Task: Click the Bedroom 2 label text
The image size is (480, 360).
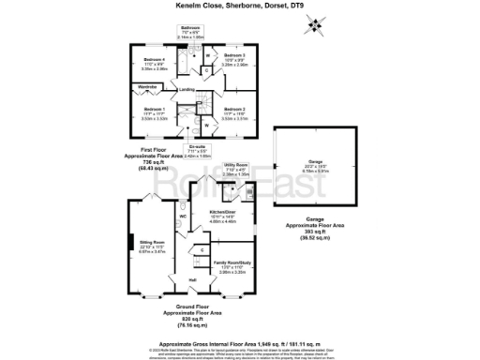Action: coord(234,110)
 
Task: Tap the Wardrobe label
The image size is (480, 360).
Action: coord(122,87)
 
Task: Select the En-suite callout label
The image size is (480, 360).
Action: coord(197,144)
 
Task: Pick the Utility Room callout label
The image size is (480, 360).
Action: coord(234,163)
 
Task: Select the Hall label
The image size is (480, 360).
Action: coord(192,279)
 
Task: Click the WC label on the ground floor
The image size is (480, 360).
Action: coord(183,216)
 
